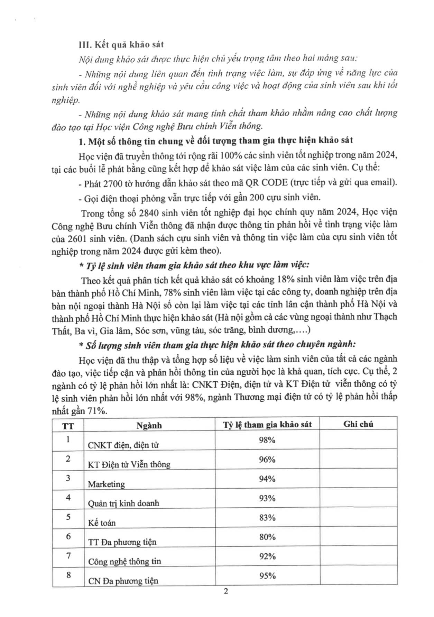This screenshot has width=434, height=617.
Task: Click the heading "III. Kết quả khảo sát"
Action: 121,45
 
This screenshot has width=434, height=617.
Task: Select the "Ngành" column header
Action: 149,425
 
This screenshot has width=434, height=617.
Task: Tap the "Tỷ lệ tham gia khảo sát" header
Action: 267,425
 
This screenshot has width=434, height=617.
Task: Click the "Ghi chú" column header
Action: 358,424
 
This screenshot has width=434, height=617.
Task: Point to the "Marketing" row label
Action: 106,484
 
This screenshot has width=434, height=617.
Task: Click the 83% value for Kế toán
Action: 267,518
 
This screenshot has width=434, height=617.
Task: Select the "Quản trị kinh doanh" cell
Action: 123,503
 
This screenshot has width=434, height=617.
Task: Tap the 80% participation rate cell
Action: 267,537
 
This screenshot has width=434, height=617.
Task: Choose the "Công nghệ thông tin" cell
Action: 124,561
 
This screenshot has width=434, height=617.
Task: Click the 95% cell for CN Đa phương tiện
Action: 267,576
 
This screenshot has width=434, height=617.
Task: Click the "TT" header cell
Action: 68,426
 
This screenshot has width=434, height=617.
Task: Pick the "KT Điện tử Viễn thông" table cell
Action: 129,464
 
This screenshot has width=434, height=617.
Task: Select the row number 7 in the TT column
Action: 68,556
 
